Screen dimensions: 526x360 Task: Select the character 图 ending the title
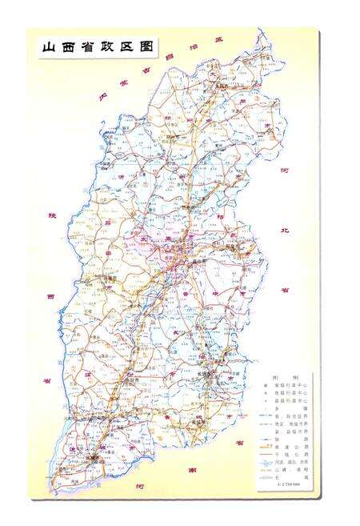(145, 47)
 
